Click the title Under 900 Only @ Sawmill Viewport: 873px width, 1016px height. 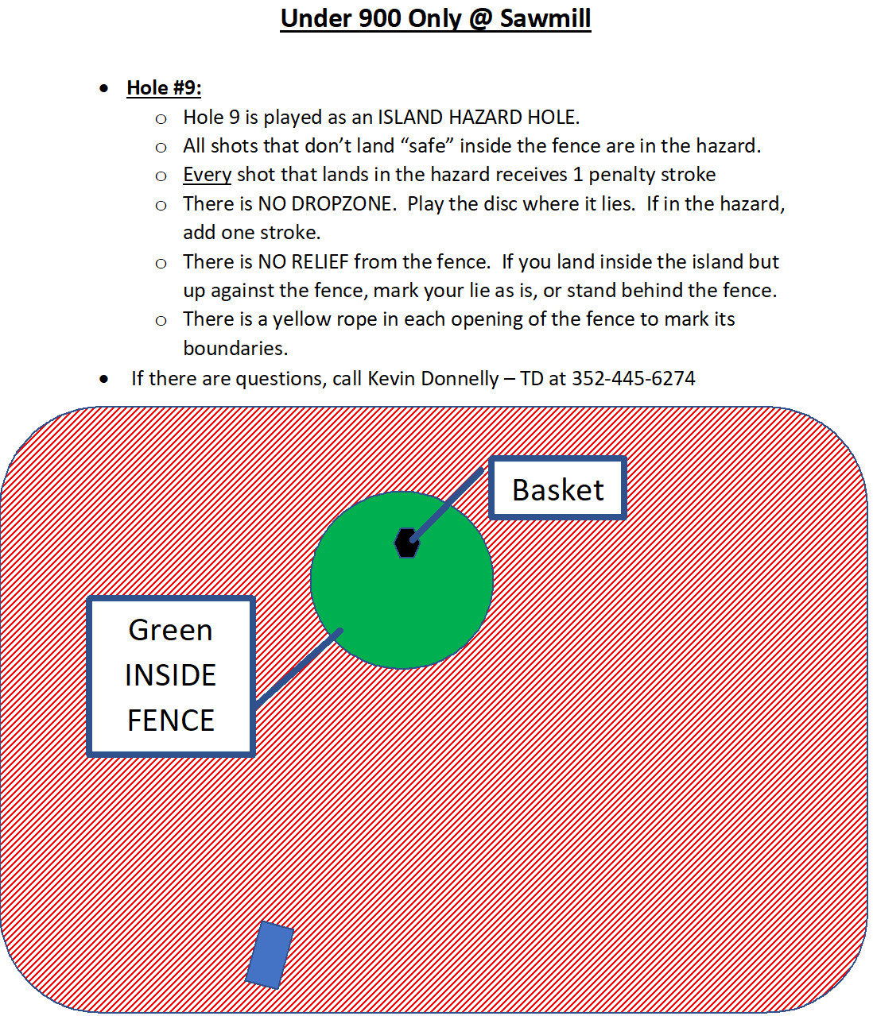435,18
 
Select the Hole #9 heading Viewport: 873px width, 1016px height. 164,87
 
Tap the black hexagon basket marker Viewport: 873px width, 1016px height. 406,543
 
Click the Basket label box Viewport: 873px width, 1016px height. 557,489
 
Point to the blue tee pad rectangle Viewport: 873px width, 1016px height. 270,955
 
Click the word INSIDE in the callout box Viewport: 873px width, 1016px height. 170,675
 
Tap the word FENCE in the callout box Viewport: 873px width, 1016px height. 170,720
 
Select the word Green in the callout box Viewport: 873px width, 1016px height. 170,630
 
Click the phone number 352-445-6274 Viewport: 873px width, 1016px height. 633,378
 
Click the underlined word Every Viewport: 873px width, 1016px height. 207,175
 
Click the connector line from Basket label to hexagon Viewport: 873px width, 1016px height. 448,504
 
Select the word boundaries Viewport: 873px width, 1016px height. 235,349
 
